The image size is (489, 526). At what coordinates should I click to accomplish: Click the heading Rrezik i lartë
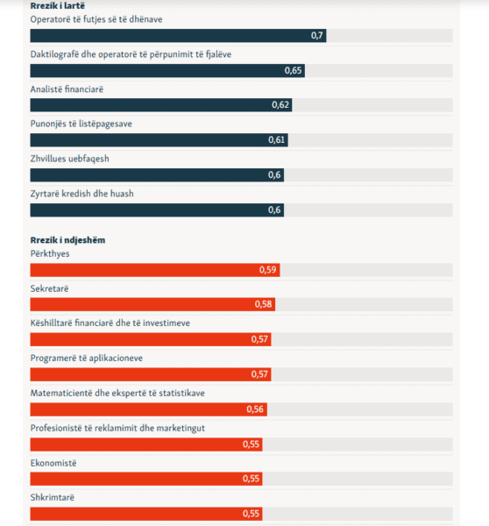(57, 6)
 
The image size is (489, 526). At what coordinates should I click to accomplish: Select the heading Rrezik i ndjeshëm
(67, 240)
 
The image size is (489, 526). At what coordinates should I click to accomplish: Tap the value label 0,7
(316, 36)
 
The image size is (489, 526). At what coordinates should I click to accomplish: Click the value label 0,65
(293, 70)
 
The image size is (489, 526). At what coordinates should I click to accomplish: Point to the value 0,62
(280, 105)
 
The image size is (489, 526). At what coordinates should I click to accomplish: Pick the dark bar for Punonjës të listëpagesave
(159, 140)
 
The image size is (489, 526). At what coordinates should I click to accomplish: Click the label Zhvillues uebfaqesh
(70, 159)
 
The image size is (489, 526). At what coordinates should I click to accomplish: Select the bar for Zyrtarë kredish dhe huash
(157, 210)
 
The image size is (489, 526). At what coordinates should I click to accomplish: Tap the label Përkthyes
(50, 254)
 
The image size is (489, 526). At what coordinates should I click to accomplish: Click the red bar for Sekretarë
(152, 304)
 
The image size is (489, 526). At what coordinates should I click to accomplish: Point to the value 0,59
(267, 270)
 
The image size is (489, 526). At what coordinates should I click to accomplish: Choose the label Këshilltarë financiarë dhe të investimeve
(110, 323)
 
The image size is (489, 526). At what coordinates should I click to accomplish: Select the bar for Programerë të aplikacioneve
(151, 374)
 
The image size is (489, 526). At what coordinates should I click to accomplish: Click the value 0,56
(255, 409)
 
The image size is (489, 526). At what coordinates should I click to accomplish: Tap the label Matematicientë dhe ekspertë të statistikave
(117, 393)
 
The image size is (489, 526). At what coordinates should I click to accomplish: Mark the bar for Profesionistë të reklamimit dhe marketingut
(146, 444)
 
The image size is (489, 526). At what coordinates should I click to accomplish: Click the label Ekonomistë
(53, 463)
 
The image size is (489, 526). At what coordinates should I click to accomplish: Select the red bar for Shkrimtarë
(146, 514)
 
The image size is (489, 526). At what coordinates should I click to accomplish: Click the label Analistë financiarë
(67, 89)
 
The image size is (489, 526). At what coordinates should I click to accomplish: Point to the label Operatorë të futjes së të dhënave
(96, 19)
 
